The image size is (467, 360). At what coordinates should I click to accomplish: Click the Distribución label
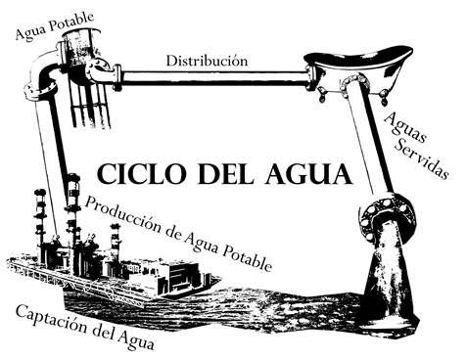207,60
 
